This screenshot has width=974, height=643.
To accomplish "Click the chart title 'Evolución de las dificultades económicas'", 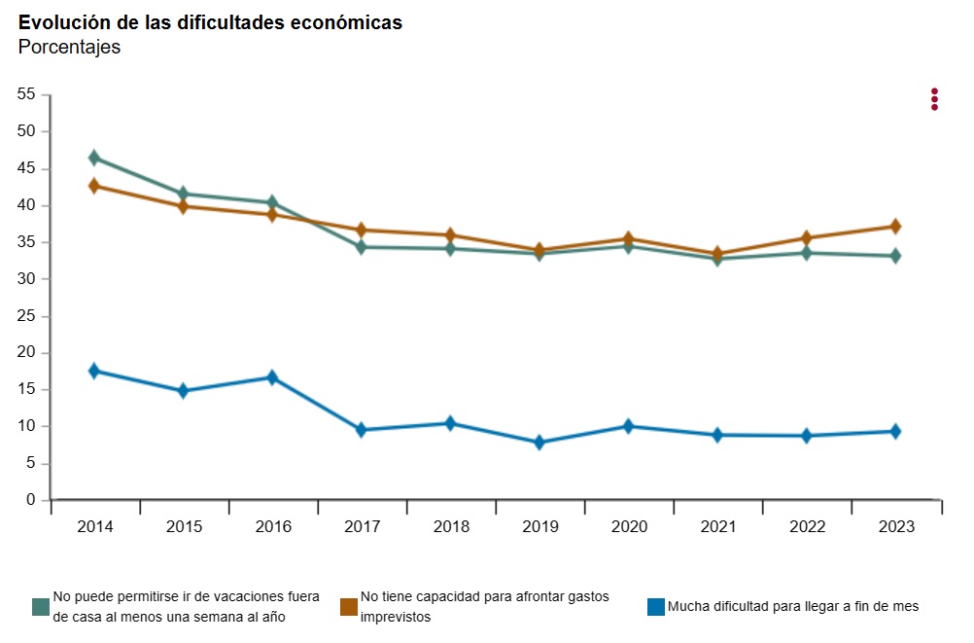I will point(210,22).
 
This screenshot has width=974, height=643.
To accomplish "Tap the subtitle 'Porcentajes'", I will point(69,47).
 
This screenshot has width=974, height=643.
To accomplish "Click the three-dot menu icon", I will point(934,99).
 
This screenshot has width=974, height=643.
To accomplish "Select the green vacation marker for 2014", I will point(94,158).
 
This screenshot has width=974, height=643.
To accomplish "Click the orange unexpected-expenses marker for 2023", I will point(895,227).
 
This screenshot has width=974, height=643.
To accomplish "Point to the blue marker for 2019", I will point(539,443).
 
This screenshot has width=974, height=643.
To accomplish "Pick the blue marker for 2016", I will point(272,377).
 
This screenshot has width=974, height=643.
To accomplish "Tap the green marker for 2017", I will point(362,247).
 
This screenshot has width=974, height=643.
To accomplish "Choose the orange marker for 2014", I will point(94,186).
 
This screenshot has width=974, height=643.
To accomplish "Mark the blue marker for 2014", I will point(94,371).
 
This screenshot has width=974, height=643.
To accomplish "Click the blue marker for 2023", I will point(895,432).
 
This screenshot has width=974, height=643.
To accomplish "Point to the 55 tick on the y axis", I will point(25,94).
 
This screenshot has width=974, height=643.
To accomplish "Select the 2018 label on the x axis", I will point(451,527).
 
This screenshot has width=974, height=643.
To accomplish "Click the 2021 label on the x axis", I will point(717,527).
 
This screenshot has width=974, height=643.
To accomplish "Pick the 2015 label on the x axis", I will point(184,527).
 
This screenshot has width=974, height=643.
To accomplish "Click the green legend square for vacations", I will point(41,607).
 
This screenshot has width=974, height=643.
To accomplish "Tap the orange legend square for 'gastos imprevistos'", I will point(348,607).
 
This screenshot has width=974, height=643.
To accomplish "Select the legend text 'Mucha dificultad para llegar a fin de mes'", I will point(792,607).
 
